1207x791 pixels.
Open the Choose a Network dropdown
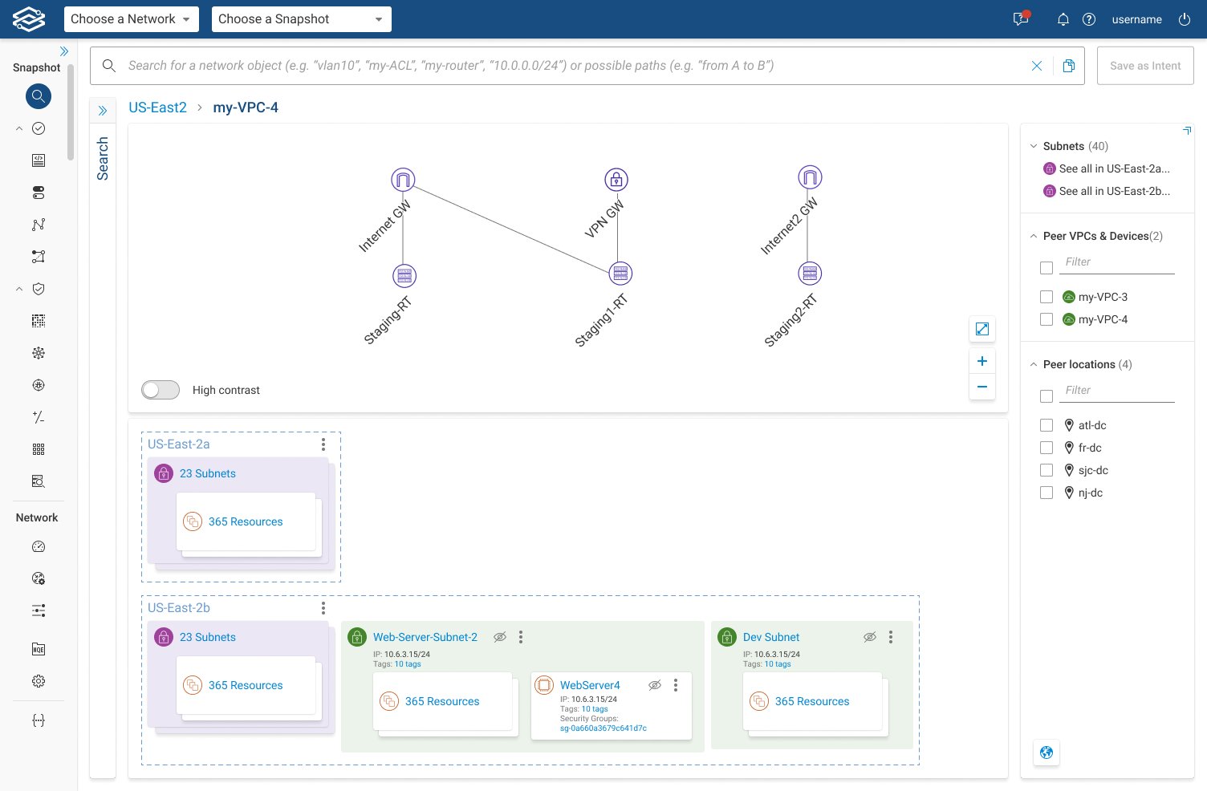coord(131,19)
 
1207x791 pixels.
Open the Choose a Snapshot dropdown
coord(301,19)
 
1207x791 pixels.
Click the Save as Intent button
coord(1145,66)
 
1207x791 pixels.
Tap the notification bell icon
coord(1063,19)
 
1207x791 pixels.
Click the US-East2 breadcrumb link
coord(157,107)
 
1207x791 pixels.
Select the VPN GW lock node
coord(616,180)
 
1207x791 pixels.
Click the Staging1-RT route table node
coord(620,274)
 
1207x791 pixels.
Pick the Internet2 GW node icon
coord(809,177)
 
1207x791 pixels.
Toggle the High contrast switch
coord(160,390)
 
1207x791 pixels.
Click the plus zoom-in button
coord(981,361)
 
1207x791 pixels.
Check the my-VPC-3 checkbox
coord(1046,297)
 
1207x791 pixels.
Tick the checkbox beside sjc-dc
coord(1046,470)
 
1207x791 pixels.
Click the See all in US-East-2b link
coord(1115,191)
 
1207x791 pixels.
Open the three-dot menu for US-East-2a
coord(323,444)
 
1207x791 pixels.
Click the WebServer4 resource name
coord(590,685)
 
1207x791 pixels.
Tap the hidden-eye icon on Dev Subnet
coord(870,637)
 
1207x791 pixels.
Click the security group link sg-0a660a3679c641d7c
coord(603,728)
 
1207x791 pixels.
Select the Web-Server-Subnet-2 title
coord(425,637)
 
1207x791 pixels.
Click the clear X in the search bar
coord(1036,66)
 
